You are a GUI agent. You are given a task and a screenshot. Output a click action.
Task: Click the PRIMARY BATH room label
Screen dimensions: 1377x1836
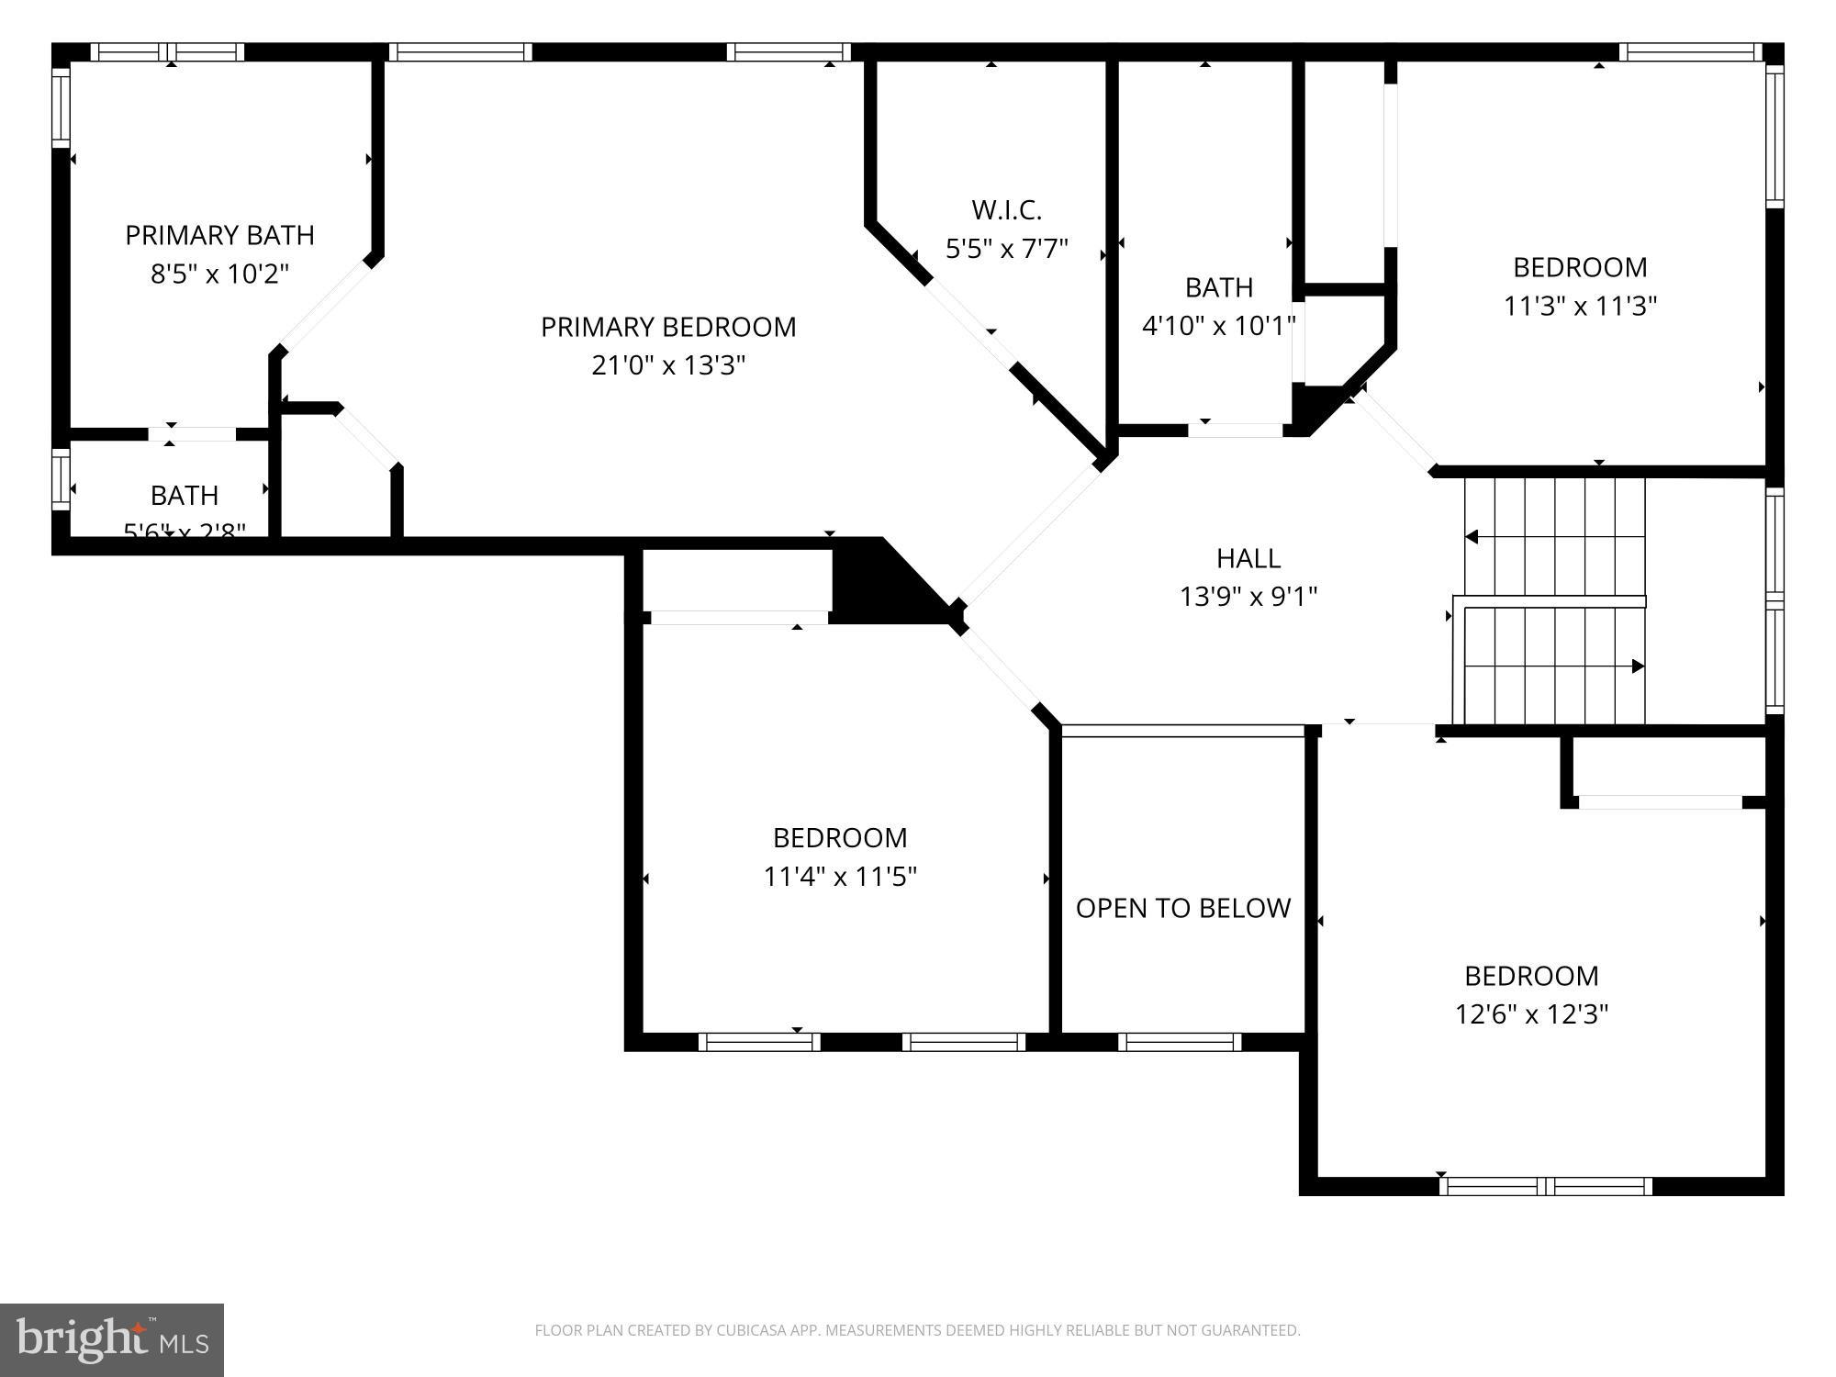[x=219, y=235]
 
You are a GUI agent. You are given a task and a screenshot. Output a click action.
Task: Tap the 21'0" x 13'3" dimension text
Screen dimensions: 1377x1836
[x=667, y=365]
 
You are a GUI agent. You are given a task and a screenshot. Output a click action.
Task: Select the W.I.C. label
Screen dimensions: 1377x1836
[x=1006, y=210]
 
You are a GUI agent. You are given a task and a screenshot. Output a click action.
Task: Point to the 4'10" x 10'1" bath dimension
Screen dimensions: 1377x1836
[x=1218, y=325]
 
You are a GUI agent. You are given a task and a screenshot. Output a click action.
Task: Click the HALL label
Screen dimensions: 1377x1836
[x=1248, y=557]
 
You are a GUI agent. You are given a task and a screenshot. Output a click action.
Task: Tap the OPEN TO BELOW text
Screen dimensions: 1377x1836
[x=1182, y=908]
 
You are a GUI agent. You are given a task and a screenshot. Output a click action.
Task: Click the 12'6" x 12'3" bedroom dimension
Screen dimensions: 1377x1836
[x=1530, y=1013]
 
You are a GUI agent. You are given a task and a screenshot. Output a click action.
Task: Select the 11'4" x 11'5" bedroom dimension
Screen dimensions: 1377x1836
[x=839, y=877]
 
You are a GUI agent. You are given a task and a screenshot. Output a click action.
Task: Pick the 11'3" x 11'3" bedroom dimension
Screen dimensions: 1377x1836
[x=1579, y=306]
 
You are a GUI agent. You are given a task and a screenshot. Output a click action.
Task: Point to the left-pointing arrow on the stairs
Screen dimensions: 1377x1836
[x=1472, y=536]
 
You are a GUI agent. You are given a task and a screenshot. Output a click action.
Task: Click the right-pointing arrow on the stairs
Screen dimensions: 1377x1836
[x=1638, y=666]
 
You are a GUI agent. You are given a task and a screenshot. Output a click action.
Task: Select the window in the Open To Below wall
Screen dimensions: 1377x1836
[x=1180, y=1042]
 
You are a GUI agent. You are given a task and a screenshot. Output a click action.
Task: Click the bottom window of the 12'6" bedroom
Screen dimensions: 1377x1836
[x=1546, y=1186]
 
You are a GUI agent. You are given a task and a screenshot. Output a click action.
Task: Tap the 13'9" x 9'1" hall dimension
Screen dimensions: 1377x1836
[x=1248, y=597]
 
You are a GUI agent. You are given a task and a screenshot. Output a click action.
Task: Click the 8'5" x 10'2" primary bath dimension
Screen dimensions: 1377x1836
[x=219, y=274]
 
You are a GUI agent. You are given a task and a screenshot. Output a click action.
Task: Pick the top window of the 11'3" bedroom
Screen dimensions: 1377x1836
[x=1690, y=52]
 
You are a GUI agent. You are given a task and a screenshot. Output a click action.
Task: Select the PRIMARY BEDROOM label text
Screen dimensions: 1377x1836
[x=667, y=327]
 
